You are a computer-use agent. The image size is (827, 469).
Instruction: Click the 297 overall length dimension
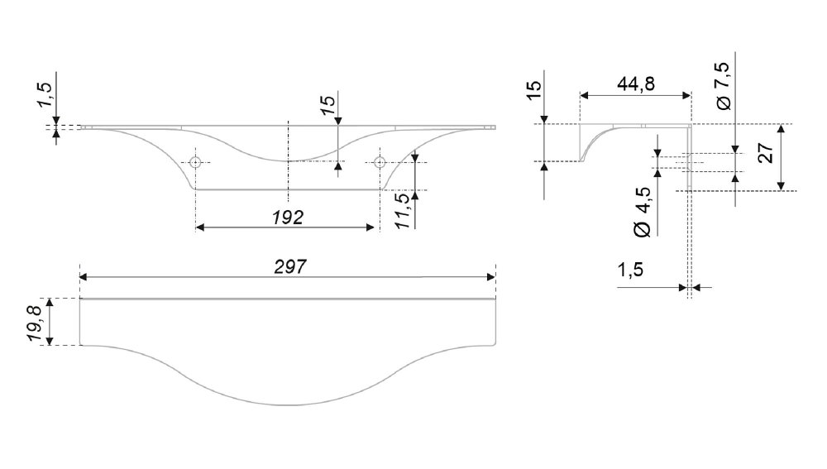coord(290,267)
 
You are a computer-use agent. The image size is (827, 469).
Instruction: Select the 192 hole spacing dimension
coord(288,218)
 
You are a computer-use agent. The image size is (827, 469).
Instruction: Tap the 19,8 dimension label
coord(35,322)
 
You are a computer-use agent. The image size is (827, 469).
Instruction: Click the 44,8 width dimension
coord(636,84)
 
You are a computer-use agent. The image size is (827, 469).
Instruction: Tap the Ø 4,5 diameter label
coord(643,212)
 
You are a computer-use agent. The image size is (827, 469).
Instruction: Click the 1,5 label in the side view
coord(630,270)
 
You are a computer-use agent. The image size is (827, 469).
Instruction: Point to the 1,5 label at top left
coord(45,95)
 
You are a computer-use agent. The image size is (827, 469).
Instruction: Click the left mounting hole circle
coord(196,162)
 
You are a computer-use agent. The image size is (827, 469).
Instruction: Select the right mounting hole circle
coord(380,162)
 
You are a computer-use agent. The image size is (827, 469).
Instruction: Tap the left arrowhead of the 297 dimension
coord(84,277)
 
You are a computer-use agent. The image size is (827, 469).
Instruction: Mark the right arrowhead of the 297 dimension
coord(491,277)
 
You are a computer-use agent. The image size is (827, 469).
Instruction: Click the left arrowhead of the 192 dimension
coord(200,227)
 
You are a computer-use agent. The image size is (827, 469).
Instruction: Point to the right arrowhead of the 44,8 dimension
coord(686,95)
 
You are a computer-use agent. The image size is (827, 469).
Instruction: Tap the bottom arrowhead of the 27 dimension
coord(782,186)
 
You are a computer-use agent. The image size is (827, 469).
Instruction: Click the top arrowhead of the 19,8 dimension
coord(50,302)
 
